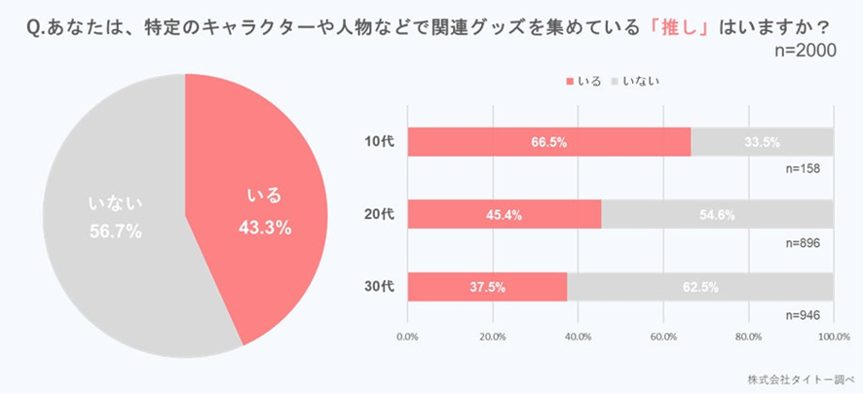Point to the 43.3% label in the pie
(265, 227)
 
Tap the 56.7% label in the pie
(115, 232)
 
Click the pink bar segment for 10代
(548, 142)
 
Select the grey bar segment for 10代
(762, 142)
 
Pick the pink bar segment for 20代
(504, 214)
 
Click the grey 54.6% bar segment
(717, 214)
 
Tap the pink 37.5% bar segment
(487, 287)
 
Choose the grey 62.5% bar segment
(699, 287)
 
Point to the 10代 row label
(376, 142)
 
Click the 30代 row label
(376, 287)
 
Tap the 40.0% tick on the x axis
(578, 337)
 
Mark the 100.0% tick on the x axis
(833, 337)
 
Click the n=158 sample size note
(804, 168)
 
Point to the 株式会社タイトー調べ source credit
(798, 378)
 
